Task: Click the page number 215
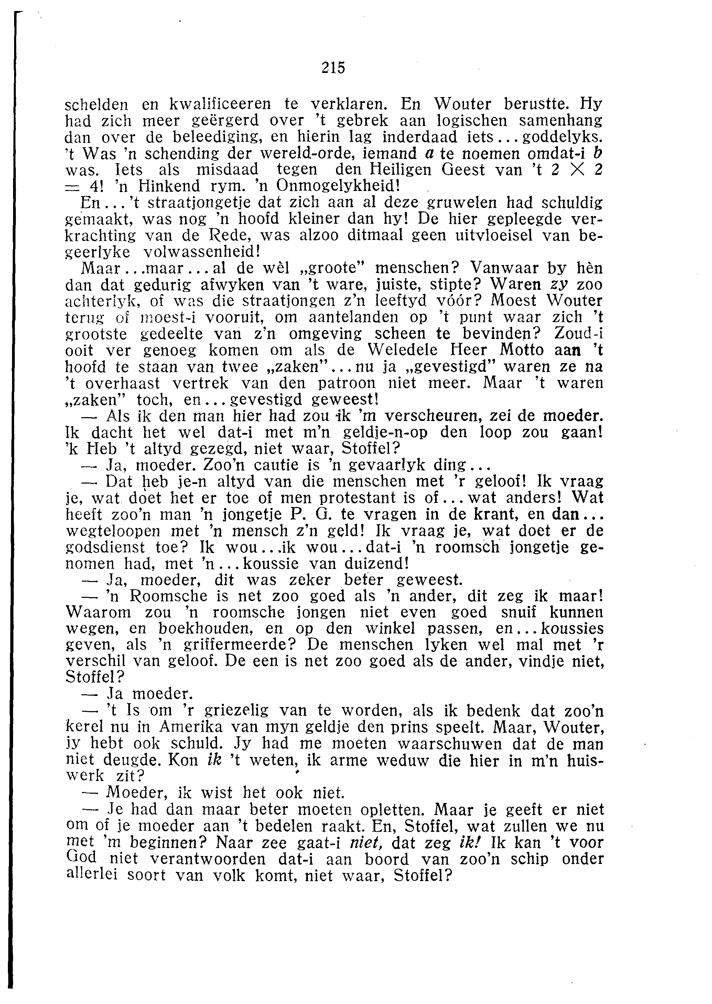(333, 68)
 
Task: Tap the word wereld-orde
(292, 154)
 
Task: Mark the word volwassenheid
(203, 252)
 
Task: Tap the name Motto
(522, 350)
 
